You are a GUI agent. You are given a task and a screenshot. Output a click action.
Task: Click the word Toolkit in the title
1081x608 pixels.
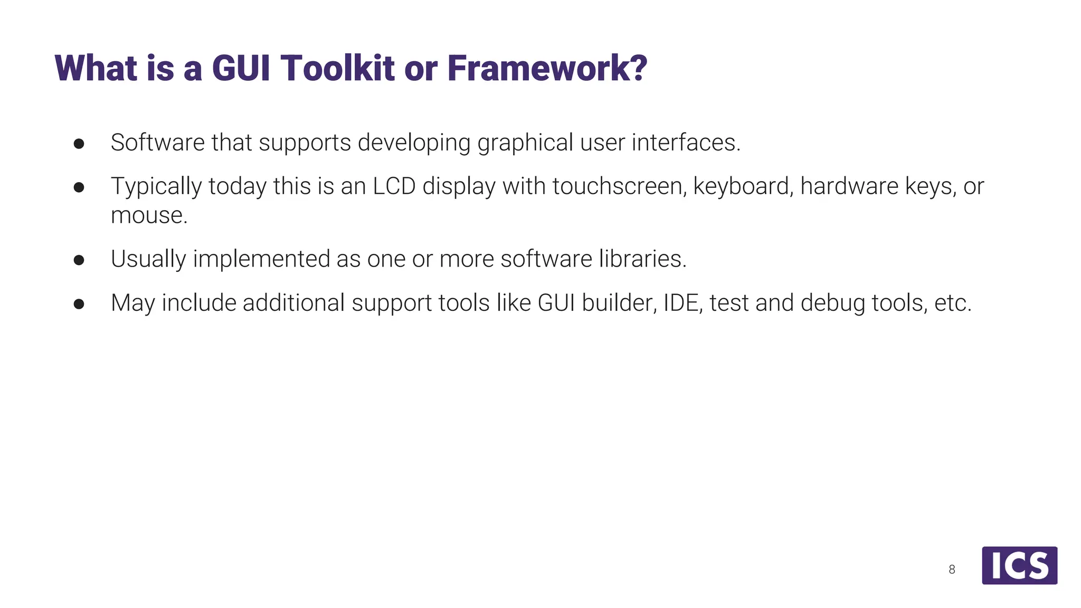click(337, 68)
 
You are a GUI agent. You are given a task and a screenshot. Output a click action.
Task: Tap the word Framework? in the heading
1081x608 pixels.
click(547, 68)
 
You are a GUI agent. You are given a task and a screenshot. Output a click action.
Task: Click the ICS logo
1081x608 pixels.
click(1019, 565)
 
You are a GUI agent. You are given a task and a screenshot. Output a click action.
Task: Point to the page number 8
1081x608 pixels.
click(952, 569)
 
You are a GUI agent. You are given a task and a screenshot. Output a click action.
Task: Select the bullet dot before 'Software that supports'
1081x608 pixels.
click(79, 144)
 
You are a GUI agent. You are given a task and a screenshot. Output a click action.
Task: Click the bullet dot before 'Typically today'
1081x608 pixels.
click(79, 187)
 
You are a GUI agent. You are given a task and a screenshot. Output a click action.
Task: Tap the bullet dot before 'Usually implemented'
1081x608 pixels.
click(79, 260)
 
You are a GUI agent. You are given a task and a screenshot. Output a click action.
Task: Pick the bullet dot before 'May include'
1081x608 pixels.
click(79, 303)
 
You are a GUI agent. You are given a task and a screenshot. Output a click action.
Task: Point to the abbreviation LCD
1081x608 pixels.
click(394, 186)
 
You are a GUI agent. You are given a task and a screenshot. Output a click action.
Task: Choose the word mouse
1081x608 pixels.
click(149, 216)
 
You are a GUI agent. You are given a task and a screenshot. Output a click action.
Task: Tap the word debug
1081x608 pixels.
click(832, 303)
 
